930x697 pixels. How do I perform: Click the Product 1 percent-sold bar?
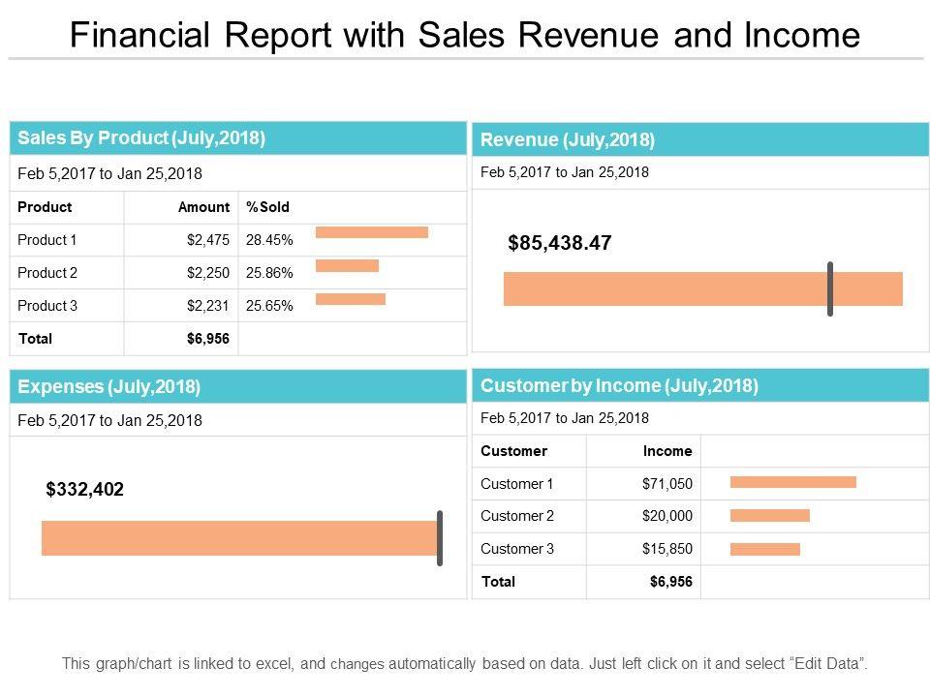coord(372,232)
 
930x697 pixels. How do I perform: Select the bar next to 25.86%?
coord(347,265)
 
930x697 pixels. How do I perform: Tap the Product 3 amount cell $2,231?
coord(207,306)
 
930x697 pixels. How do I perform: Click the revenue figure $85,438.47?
coord(560,243)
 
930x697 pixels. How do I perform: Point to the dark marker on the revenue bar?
coord(830,288)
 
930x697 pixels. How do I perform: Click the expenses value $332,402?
coord(85,490)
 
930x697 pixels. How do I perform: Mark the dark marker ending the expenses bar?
coord(440,538)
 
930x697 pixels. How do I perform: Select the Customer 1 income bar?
coord(792,482)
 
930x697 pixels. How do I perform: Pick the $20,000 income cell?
coord(667,516)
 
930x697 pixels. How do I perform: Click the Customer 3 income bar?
coord(764,549)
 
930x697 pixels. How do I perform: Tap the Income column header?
coord(667,451)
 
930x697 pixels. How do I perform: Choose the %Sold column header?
coord(268,207)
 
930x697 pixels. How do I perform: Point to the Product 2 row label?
coord(47,273)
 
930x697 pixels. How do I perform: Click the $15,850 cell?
coord(667,549)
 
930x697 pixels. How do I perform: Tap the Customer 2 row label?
coord(517,516)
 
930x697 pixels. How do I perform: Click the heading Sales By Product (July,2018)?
coord(141,137)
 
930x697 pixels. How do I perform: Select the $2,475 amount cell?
coord(207,240)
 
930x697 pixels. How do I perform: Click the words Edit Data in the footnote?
coord(827,664)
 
